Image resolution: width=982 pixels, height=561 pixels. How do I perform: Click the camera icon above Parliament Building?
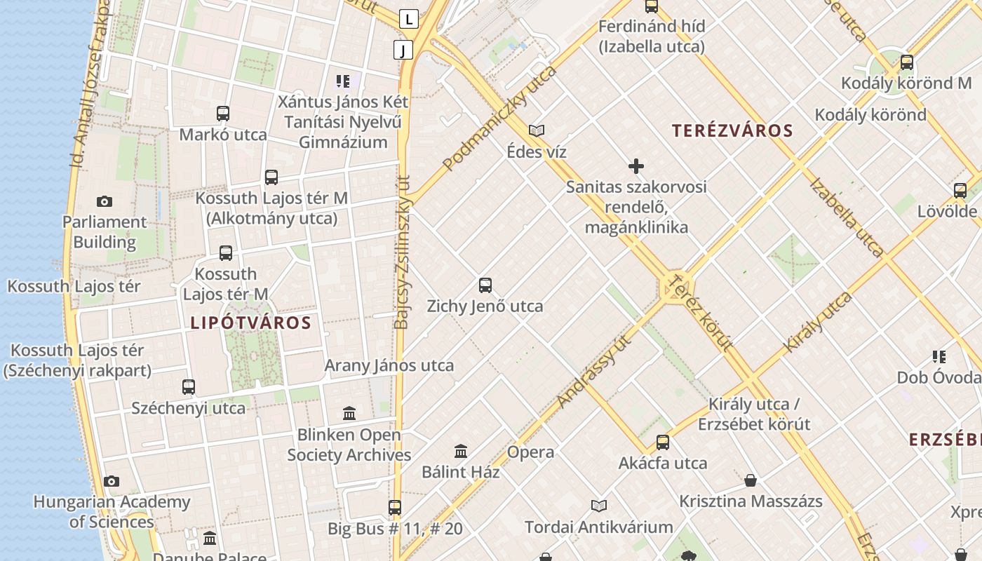(105, 202)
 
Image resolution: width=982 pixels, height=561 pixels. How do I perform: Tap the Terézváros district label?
(732, 130)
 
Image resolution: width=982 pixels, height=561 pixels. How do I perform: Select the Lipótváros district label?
(250, 323)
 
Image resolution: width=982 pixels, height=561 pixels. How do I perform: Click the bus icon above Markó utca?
(223, 113)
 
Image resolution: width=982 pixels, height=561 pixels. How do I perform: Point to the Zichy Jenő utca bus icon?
(485, 285)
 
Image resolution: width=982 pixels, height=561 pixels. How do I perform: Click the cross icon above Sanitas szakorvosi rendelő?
(636, 166)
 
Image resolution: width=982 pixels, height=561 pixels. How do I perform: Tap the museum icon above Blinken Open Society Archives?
(349, 413)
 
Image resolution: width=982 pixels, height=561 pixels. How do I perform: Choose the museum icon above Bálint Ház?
(461, 451)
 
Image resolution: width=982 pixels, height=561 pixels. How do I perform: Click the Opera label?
(531, 452)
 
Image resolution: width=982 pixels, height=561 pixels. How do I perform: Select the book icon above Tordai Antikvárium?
(599, 506)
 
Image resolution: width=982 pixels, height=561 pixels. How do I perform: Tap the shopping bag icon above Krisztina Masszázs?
(751, 480)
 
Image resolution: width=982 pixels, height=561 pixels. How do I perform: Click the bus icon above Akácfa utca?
(663, 442)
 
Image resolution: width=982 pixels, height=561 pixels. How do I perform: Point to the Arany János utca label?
(389, 365)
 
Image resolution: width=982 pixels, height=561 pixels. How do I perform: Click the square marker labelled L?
(409, 19)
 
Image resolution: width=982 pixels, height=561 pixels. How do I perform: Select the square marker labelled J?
(403, 49)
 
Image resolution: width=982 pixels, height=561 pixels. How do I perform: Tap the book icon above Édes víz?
(537, 130)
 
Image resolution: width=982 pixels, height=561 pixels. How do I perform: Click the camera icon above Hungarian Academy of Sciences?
(112, 481)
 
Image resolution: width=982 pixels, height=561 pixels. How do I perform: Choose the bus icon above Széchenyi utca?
(189, 386)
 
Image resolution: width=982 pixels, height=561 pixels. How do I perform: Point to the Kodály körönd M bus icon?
(907, 62)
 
